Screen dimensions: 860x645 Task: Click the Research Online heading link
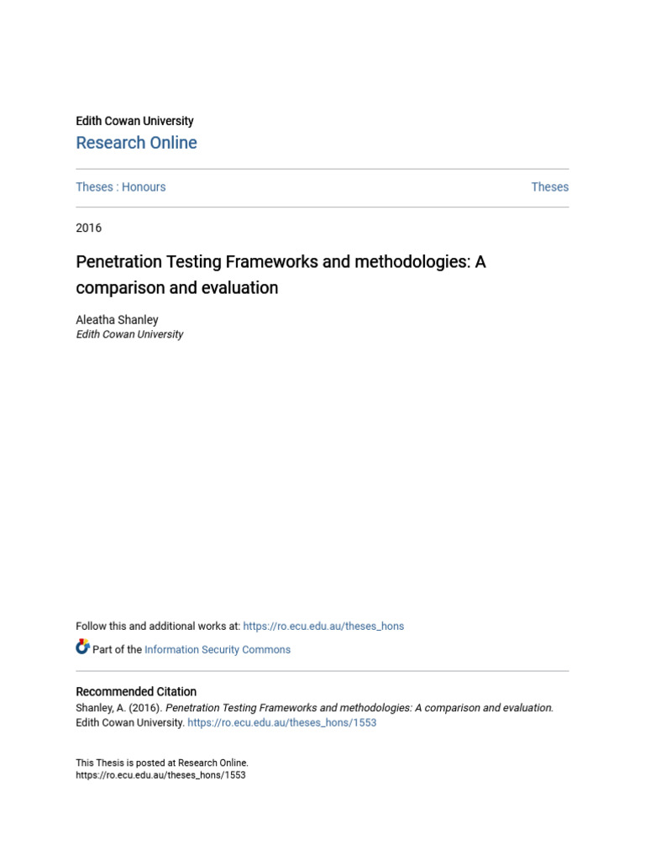point(136,143)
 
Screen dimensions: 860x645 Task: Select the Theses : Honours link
point(121,187)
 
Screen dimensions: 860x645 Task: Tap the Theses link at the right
point(549,187)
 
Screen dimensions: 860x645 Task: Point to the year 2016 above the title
point(88,228)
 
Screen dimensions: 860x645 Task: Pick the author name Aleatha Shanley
point(117,319)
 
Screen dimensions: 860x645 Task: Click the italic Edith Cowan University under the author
point(129,334)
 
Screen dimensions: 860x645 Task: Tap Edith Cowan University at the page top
point(134,121)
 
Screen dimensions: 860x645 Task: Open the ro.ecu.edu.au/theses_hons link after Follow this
point(323,626)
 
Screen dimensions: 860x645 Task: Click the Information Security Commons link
point(218,649)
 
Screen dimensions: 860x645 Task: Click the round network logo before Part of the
point(82,648)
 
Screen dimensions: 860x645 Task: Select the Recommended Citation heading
point(136,691)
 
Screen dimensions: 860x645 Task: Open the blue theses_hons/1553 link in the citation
point(282,722)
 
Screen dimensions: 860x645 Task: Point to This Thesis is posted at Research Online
point(162,763)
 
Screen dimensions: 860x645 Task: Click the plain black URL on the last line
point(160,775)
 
